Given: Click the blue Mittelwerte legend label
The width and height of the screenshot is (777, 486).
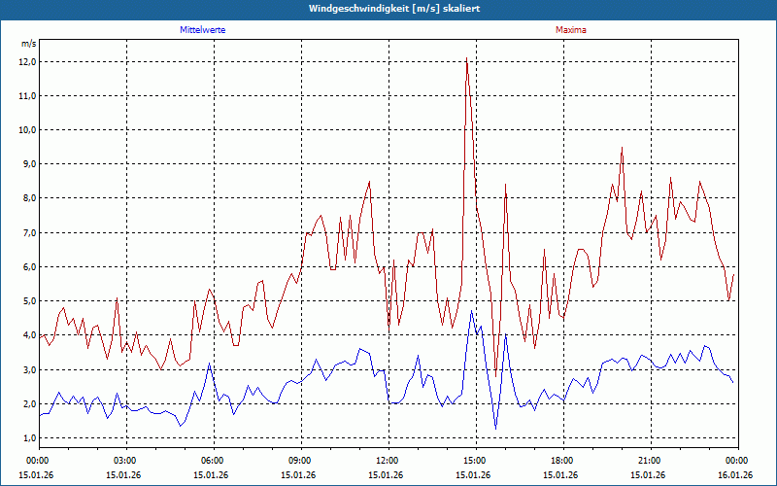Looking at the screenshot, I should click(x=202, y=30).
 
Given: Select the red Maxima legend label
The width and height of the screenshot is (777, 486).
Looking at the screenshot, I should click(x=571, y=30).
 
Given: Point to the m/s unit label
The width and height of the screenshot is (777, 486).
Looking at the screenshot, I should click(x=29, y=45).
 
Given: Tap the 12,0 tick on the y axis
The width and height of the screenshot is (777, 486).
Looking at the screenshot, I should click(x=27, y=62).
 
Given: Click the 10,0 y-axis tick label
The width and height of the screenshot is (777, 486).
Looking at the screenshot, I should click(x=27, y=130).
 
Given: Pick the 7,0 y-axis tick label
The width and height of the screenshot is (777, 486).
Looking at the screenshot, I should click(x=27, y=233).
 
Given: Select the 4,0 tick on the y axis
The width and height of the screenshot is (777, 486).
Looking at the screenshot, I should click(x=27, y=335).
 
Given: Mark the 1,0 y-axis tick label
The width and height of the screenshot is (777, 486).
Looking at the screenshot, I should click(x=27, y=438).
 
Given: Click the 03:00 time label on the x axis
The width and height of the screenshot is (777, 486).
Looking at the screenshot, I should click(x=124, y=461).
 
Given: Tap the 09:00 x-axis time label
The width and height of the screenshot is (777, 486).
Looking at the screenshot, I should click(x=299, y=461).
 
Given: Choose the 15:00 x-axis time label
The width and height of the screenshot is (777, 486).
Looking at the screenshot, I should click(x=474, y=461).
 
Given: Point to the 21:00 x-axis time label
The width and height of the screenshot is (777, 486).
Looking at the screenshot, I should click(x=649, y=461).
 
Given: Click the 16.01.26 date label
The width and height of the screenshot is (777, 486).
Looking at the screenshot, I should click(x=736, y=474).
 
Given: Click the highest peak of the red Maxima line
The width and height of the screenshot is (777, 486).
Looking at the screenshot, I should click(x=466, y=59).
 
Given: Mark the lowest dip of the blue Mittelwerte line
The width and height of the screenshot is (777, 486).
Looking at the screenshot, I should click(x=495, y=428).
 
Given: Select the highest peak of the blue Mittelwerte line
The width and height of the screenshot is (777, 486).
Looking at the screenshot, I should click(x=472, y=311).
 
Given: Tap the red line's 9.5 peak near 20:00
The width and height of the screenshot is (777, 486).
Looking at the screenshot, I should click(x=622, y=148).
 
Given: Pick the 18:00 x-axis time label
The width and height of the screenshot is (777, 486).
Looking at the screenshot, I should click(x=561, y=461).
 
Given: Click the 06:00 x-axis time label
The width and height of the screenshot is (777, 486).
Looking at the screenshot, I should click(x=212, y=461).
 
